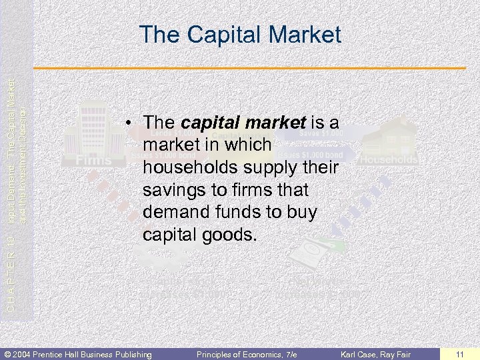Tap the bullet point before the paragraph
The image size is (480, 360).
tap(132, 123)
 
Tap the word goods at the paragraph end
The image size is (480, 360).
tap(227, 235)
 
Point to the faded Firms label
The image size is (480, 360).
tap(93, 160)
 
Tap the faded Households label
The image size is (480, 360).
tap(389, 160)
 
